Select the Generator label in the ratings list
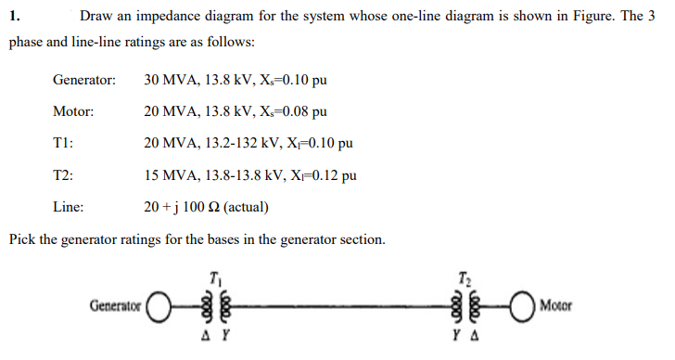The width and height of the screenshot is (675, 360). click(84, 80)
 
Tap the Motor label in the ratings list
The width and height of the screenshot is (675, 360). click(73, 111)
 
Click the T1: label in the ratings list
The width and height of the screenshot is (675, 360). click(63, 143)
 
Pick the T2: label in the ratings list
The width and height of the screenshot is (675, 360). click(63, 174)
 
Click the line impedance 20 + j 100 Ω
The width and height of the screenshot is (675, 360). click(183, 206)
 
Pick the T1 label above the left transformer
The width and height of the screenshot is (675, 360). click(215, 275)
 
